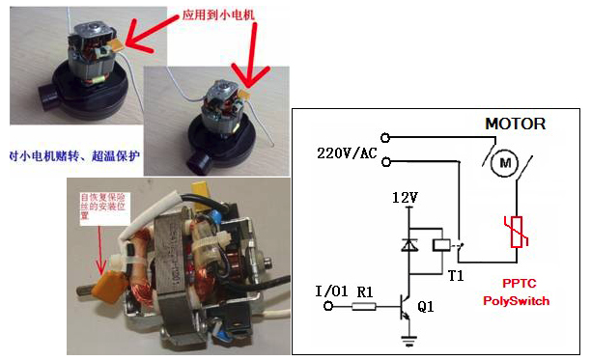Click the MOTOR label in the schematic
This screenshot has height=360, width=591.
point(515,124)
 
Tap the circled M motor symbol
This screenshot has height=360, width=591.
point(503,164)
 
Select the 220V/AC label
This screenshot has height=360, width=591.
point(347,152)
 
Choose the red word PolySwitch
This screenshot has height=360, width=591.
point(517,301)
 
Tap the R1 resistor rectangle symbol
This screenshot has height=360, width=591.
point(364,306)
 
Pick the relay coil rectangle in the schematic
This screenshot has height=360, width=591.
point(439,247)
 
